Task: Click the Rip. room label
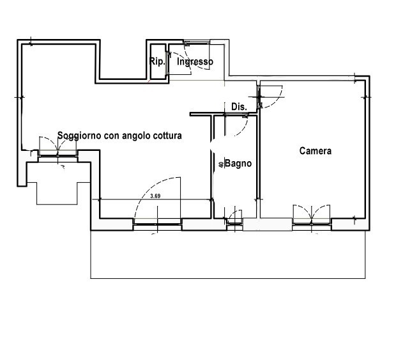tap(157, 61)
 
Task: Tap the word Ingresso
tap(195, 61)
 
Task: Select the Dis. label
tap(239, 107)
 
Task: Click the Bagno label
tap(238, 164)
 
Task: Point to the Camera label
tap(316, 151)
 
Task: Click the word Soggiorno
tap(80, 136)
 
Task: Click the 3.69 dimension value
tap(155, 196)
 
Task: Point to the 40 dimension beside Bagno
tap(221, 164)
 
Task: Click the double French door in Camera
tap(312, 214)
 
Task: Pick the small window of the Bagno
tap(235, 224)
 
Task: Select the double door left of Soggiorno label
tap(58, 147)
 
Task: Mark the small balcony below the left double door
tap(58, 185)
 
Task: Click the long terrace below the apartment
tap(228, 254)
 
